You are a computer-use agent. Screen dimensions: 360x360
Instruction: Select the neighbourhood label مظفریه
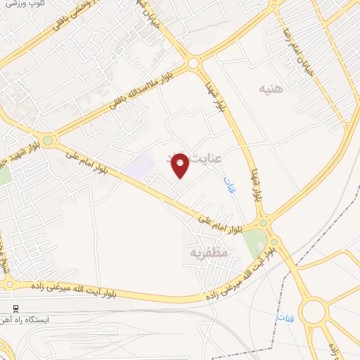click(209, 251)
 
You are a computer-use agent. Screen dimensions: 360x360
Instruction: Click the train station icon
click(15, 309)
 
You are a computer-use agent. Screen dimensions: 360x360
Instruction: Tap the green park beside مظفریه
click(254, 243)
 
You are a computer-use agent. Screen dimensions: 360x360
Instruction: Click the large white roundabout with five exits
click(313, 310)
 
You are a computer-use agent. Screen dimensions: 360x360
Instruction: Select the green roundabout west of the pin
click(48, 141)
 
